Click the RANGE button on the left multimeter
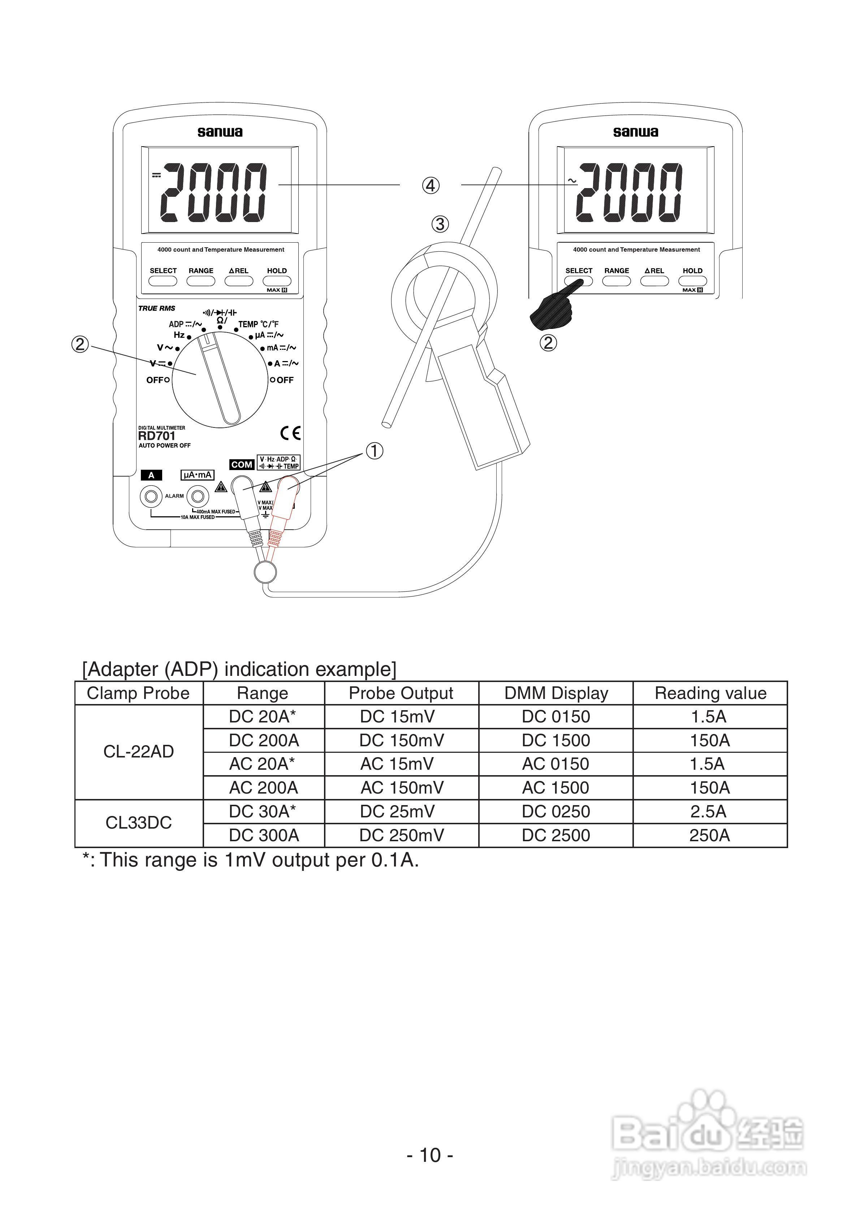click(201, 280)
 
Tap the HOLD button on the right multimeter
click(692, 280)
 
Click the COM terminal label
click(242, 464)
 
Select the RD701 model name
click(156, 436)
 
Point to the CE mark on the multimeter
click(290, 433)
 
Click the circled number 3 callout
click(440, 224)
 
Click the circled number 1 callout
click(374, 451)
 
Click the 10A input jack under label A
click(151, 496)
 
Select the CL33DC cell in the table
click(139, 822)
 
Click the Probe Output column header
click(401, 693)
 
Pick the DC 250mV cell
click(401, 835)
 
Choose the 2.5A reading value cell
click(709, 811)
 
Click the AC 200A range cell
click(263, 787)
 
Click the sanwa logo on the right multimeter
click(635, 132)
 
